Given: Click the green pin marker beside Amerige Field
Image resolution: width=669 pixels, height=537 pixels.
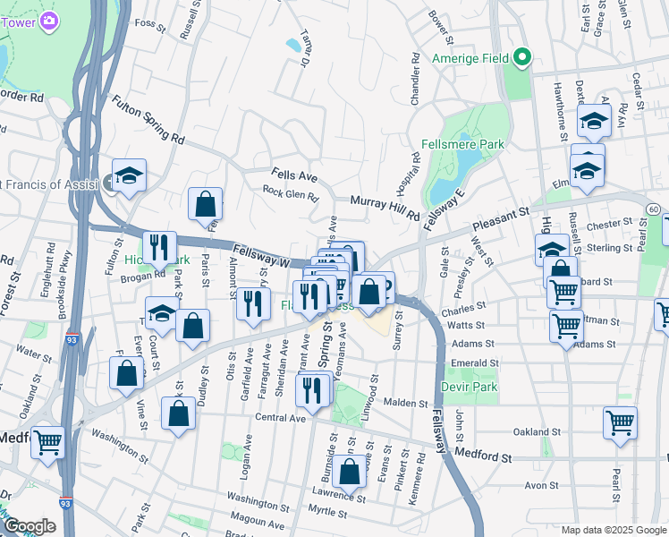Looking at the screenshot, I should click(x=521, y=59).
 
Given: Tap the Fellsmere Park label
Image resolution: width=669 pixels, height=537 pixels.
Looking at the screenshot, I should click(x=462, y=144).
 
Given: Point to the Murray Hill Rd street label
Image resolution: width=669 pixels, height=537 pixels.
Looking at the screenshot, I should click(x=385, y=209).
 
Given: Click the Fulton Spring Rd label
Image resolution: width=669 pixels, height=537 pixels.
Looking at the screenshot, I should click(x=148, y=121).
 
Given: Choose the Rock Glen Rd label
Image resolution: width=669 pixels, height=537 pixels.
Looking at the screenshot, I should click(x=290, y=192).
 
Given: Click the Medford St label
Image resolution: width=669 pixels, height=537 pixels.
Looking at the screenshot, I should click(x=482, y=456).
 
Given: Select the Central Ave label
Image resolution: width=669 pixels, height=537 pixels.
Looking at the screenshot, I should click(x=281, y=417).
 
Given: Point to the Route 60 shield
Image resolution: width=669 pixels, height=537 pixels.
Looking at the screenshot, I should click(x=655, y=209).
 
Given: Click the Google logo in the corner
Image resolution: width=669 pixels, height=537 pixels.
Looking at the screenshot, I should click(x=30, y=526).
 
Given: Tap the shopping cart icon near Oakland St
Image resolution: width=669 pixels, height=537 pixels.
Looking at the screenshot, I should click(x=620, y=422).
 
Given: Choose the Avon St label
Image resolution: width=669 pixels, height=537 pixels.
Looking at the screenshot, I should click(x=541, y=486).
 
